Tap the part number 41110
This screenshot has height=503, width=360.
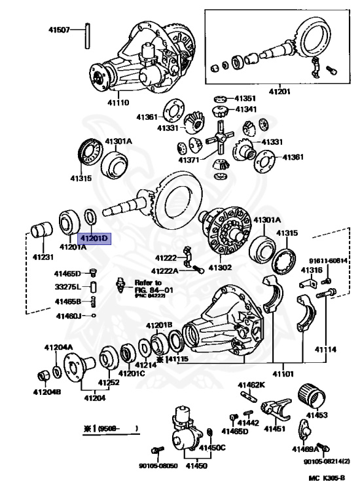coord(118,103)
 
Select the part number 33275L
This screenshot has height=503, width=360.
coord(67,287)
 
